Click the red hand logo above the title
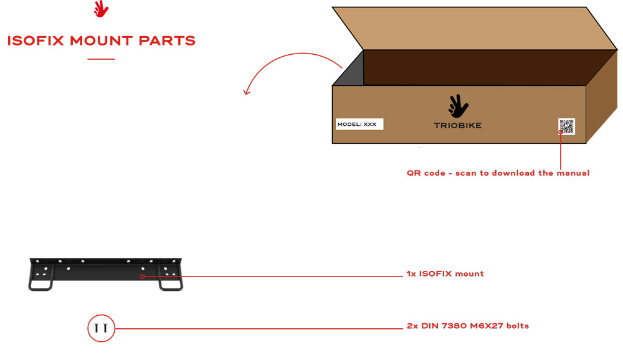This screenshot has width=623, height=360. (x=101, y=9)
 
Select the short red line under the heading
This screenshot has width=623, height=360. (x=101, y=59)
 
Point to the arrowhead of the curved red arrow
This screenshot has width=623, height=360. (x=247, y=92)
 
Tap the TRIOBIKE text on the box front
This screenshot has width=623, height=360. (x=457, y=125)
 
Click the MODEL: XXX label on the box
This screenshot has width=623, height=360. (x=359, y=125)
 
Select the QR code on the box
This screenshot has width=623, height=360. (x=566, y=126)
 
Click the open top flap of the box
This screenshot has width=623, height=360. (x=473, y=28)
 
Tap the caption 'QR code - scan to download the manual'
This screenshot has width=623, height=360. (x=498, y=173)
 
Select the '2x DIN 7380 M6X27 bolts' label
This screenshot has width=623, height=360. (x=467, y=326)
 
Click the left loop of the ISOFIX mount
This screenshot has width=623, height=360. (x=40, y=284)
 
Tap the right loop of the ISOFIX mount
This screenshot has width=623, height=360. (x=171, y=284)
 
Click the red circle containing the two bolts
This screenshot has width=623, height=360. (x=101, y=328)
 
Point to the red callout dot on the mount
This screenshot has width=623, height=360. (x=143, y=276)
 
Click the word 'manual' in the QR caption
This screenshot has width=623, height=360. (x=573, y=173)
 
